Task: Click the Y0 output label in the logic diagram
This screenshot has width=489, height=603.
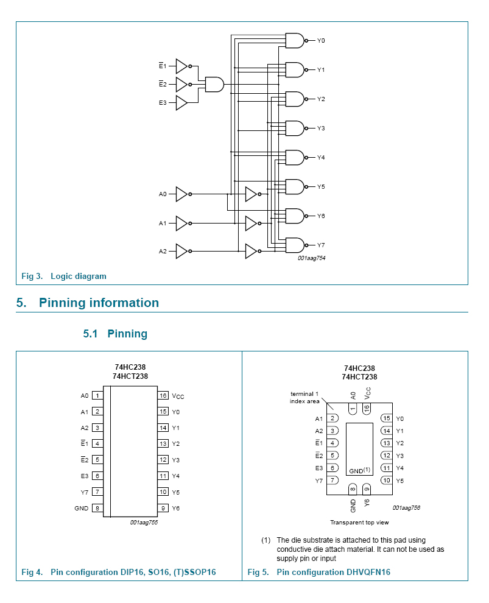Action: click(x=321, y=41)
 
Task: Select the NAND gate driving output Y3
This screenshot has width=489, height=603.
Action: click(x=295, y=129)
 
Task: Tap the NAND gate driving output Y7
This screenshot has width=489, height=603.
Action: click(x=295, y=245)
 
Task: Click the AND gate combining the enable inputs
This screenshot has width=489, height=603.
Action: click(x=214, y=84)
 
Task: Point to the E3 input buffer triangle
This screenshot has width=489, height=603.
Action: click(x=181, y=103)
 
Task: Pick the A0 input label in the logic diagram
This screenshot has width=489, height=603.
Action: click(x=163, y=194)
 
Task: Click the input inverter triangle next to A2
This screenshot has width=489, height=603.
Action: click(x=181, y=252)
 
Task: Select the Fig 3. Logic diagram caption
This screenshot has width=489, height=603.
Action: click(x=64, y=277)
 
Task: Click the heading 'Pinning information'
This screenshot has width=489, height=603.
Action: click(x=99, y=303)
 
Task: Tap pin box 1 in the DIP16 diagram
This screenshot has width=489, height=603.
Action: click(x=97, y=396)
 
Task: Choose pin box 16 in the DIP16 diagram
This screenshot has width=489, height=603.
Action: click(x=163, y=396)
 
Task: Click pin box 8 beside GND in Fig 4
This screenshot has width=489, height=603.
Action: click(x=97, y=508)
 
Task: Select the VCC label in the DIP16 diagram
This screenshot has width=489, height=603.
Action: click(x=178, y=397)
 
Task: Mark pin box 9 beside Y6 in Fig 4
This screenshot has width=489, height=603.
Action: click(x=163, y=508)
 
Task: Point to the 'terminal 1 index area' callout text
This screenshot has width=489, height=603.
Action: click(x=305, y=397)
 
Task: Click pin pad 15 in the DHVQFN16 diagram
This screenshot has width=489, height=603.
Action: click(x=386, y=418)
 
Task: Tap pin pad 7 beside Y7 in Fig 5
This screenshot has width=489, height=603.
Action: click(x=332, y=481)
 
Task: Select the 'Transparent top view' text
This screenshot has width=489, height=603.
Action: click(x=359, y=523)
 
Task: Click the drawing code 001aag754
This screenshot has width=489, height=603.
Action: click(x=311, y=259)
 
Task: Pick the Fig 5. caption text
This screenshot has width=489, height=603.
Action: click(x=319, y=573)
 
